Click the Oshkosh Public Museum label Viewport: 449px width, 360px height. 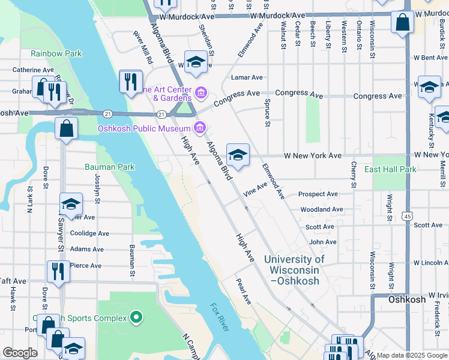point(143,128)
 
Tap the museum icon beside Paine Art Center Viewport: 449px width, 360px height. point(201,92)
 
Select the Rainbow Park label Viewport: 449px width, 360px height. point(56,53)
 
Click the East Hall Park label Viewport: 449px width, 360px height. point(390,170)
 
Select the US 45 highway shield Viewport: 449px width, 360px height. point(408,215)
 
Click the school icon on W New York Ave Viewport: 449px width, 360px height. point(238,155)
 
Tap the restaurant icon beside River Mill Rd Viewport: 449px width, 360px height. point(130,81)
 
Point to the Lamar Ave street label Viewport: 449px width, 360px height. point(247,77)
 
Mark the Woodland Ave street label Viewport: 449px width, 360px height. point(322,209)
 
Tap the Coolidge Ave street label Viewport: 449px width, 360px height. point(89,233)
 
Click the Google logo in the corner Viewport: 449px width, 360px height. point(20,353)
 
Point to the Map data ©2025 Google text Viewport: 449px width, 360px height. point(411,355)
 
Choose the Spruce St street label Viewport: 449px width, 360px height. point(267,113)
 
